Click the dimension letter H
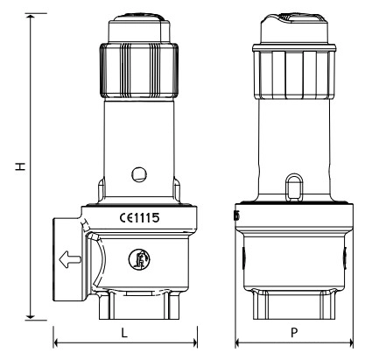(x=21, y=166)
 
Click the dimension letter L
(x=124, y=333)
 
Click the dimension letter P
(x=294, y=333)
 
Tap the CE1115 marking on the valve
(x=140, y=218)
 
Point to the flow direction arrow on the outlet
(x=70, y=259)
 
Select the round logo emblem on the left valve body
(x=139, y=259)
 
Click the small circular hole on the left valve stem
(x=139, y=174)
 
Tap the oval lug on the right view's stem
(x=294, y=187)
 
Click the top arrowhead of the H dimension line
(x=31, y=16)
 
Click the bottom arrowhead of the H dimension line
(x=31, y=317)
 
